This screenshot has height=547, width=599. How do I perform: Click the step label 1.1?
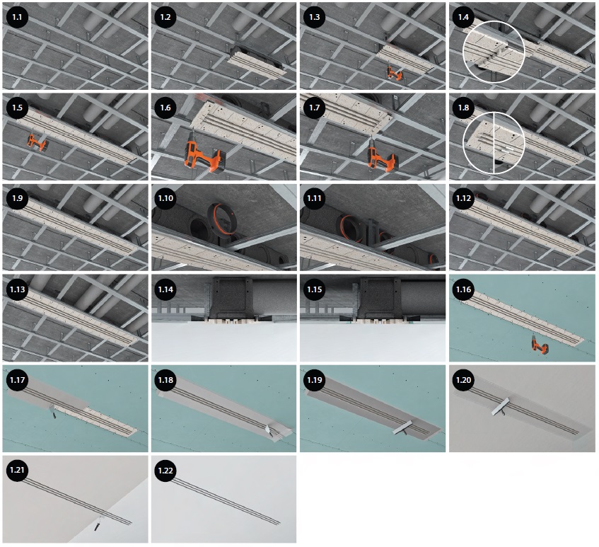[x=17, y=17]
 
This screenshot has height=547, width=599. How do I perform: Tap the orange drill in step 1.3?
[x=394, y=73]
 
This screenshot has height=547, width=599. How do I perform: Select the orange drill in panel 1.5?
[x=37, y=142]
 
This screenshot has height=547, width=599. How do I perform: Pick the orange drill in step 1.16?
[x=540, y=344]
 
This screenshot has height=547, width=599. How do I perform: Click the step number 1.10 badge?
[x=165, y=198]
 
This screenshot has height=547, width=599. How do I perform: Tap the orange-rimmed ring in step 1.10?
[x=222, y=220]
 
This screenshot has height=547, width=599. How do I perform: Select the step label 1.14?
[x=165, y=289]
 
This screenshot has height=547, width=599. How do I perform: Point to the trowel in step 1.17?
[x=53, y=412]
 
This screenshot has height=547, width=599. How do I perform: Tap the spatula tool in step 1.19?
[x=402, y=428]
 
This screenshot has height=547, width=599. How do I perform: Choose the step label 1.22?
[x=165, y=471]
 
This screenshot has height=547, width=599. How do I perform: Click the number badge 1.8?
[x=463, y=108]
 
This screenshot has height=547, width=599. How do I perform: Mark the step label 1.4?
[x=463, y=17]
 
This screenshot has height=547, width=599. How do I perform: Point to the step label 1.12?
[x=463, y=198]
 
